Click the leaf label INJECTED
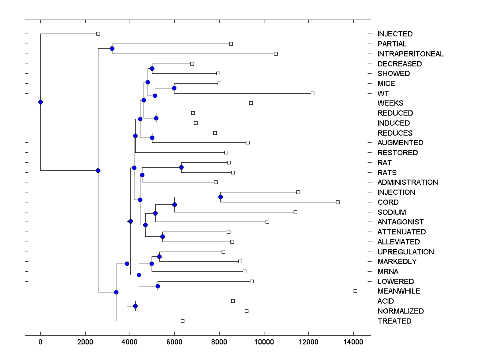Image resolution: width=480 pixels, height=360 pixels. (395, 34)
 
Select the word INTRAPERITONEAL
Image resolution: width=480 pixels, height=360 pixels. (410, 54)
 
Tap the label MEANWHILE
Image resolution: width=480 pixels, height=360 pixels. (399, 291)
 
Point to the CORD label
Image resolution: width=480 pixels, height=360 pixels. (388, 202)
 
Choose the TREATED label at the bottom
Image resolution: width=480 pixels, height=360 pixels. (394, 321)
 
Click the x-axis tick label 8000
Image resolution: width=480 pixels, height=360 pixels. (219, 342)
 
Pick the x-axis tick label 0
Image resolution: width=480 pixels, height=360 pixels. (40, 342)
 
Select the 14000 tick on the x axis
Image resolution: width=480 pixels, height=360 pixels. (353, 342)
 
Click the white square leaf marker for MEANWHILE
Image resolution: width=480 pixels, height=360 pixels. (355, 291)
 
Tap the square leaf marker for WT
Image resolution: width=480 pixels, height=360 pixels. (312, 93)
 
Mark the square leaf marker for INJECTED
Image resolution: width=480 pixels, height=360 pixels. (98, 34)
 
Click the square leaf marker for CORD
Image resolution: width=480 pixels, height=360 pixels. (338, 202)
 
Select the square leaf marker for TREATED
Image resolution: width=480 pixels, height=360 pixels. (182, 321)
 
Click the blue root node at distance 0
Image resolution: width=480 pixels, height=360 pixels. (40, 102)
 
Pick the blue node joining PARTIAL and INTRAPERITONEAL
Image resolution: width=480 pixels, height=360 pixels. (112, 49)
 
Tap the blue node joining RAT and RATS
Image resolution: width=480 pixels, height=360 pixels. (181, 167)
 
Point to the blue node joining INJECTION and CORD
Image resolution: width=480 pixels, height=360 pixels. (220, 197)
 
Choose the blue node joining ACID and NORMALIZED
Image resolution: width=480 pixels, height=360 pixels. (135, 306)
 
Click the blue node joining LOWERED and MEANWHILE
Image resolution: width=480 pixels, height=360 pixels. (158, 286)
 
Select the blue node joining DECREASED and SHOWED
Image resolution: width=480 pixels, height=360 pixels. (152, 68)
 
